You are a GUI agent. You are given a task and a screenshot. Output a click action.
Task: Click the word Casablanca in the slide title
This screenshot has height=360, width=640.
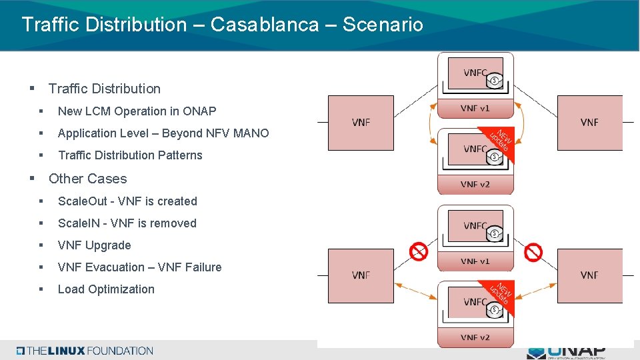265,25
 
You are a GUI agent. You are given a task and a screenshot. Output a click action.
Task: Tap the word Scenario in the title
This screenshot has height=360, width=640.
383,25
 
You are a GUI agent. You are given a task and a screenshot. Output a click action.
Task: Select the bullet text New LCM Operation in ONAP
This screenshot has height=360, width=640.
137,111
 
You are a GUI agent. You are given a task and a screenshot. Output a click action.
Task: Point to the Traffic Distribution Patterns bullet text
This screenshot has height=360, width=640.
130,155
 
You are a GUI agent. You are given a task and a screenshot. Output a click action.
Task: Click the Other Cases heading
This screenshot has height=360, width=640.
87,179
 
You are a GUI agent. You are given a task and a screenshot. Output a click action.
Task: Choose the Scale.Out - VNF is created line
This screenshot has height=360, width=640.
127,201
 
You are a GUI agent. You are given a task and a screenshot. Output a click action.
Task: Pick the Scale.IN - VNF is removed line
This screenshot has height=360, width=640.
127,223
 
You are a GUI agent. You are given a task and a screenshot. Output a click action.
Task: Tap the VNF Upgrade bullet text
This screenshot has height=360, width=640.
94,245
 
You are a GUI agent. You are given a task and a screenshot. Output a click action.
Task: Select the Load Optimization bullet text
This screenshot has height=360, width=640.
106,289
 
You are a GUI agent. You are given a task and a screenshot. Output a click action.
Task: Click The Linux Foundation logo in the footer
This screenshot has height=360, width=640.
85,351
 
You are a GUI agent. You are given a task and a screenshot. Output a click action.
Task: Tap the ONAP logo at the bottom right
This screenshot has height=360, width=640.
566,352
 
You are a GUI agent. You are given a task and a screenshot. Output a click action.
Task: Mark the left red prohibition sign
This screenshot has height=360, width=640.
419,251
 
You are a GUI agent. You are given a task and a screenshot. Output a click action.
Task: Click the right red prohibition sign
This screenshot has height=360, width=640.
533,252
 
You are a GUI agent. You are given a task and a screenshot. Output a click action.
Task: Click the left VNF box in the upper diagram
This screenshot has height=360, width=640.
361,123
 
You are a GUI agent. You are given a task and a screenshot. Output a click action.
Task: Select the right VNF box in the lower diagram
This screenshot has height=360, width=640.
589,275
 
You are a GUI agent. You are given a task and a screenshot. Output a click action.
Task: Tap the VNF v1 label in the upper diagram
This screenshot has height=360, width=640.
475,108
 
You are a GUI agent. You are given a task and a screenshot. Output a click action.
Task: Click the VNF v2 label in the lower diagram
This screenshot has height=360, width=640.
475,337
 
